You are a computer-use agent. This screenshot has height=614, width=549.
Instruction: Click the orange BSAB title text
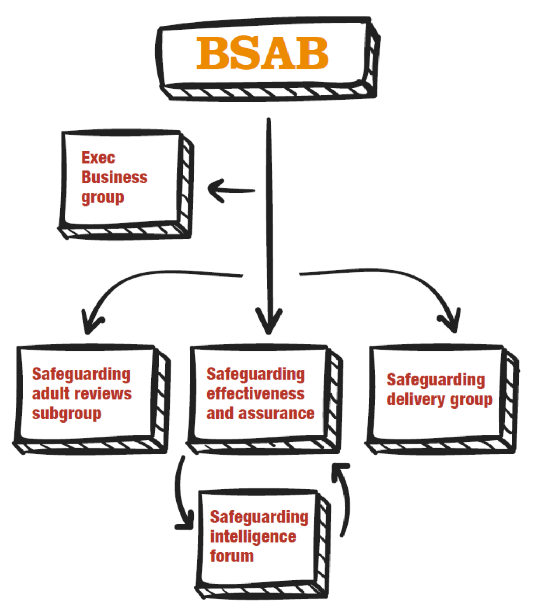point(262,53)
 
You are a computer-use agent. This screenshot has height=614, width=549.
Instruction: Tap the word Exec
point(98,158)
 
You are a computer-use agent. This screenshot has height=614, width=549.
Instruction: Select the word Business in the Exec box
point(114,177)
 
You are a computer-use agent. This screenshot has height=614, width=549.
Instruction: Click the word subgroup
point(67,414)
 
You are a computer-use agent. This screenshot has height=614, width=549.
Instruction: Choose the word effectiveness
point(255,394)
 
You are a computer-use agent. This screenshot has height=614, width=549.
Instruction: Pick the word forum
point(232,556)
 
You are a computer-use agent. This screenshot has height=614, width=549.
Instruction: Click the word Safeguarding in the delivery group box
point(436,380)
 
